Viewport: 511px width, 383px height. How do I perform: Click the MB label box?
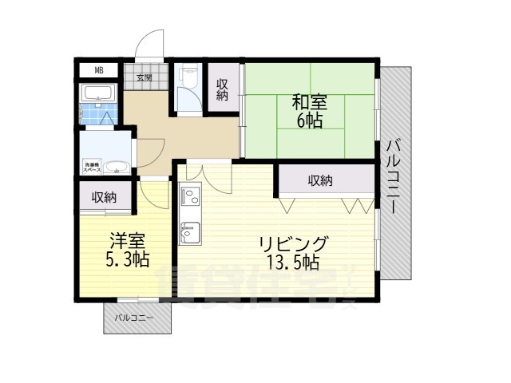[x=99, y=70]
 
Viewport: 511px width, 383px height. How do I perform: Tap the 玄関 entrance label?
[x=145, y=77]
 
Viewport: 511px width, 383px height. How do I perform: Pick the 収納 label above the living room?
[x=321, y=182]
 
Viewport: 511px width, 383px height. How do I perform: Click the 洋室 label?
[x=125, y=239]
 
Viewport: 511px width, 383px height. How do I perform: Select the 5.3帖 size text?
[x=125, y=259]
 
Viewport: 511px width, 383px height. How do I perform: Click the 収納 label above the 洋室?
[x=104, y=196]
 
